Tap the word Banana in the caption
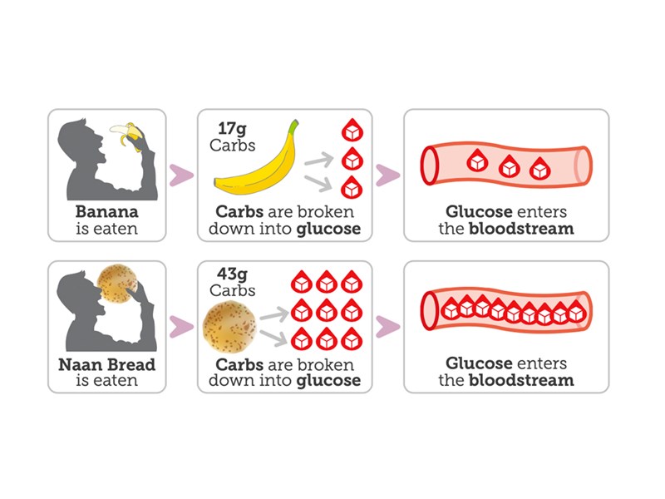point(106,212)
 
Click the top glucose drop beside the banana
point(352,131)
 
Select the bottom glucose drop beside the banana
point(352,186)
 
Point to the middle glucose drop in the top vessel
point(509,166)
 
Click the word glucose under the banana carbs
point(328,228)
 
